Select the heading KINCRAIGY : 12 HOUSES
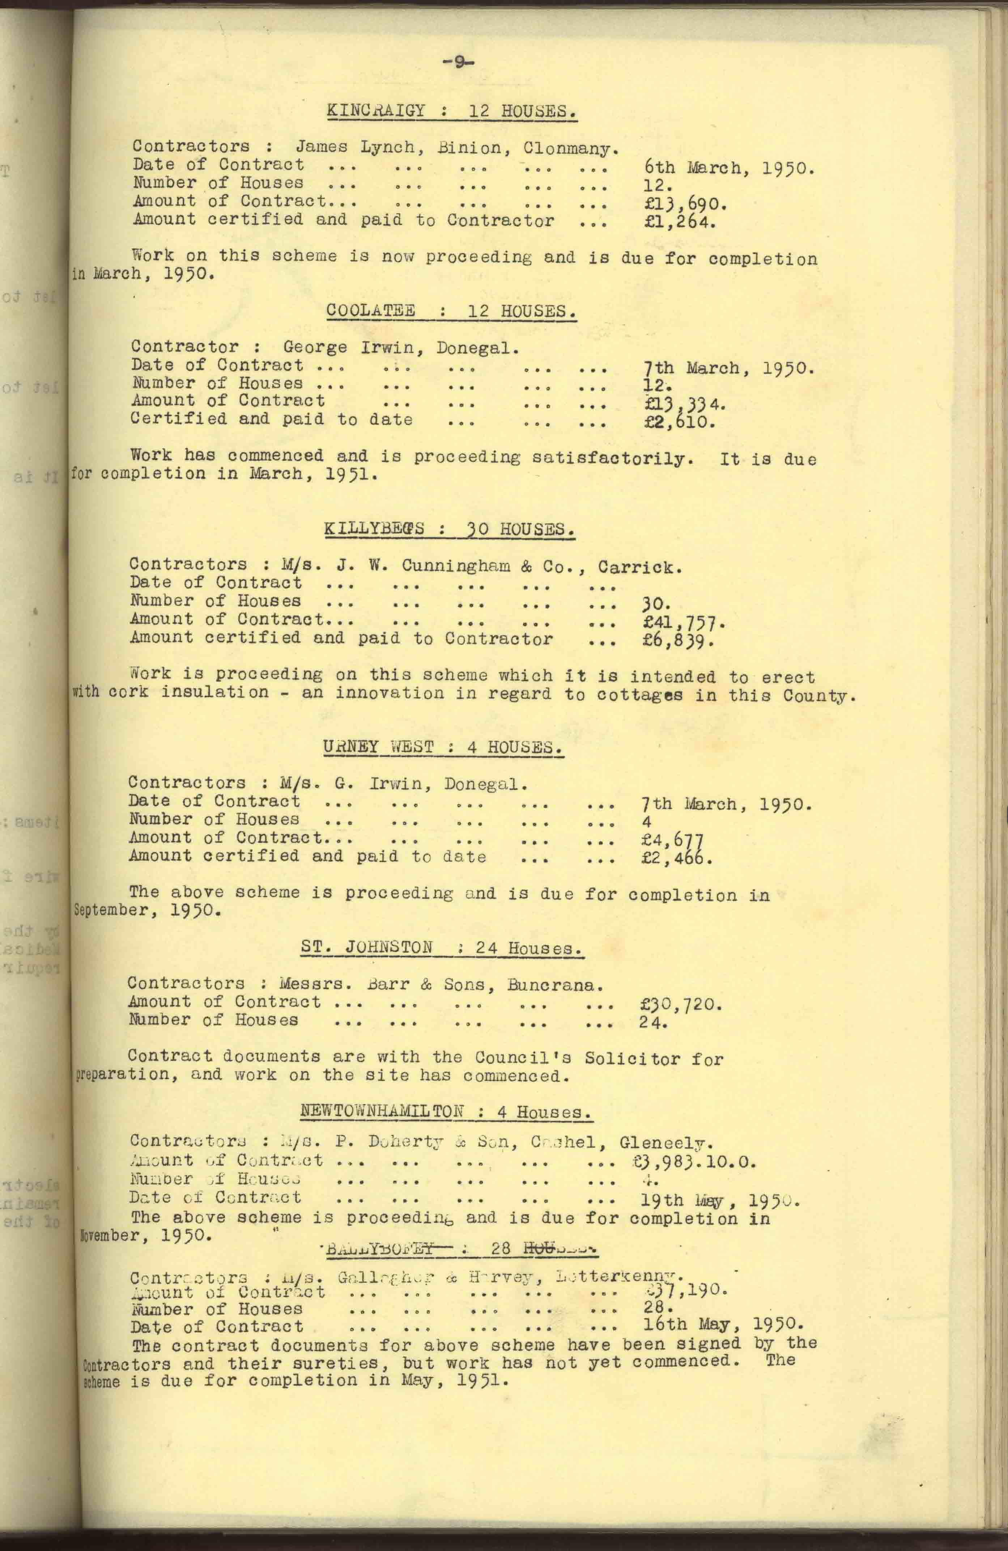(451, 111)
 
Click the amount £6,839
(678, 641)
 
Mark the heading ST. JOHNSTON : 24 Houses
(442, 948)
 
